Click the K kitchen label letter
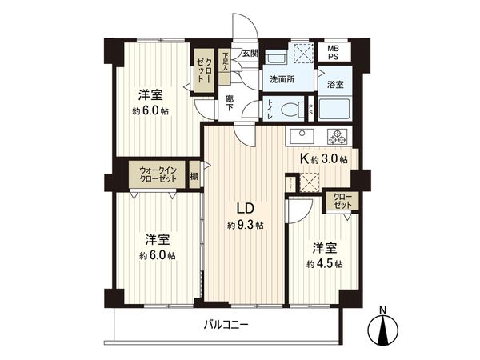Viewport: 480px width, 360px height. click(x=304, y=158)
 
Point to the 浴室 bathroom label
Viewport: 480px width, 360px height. click(x=335, y=84)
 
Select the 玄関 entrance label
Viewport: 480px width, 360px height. click(x=250, y=54)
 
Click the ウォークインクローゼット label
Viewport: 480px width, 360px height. click(x=158, y=175)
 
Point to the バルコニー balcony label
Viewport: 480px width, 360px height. click(x=226, y=325)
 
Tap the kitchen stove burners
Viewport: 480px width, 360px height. click(x=336, y=134)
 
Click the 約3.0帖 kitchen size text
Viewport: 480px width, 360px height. click(x=330, y=160)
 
